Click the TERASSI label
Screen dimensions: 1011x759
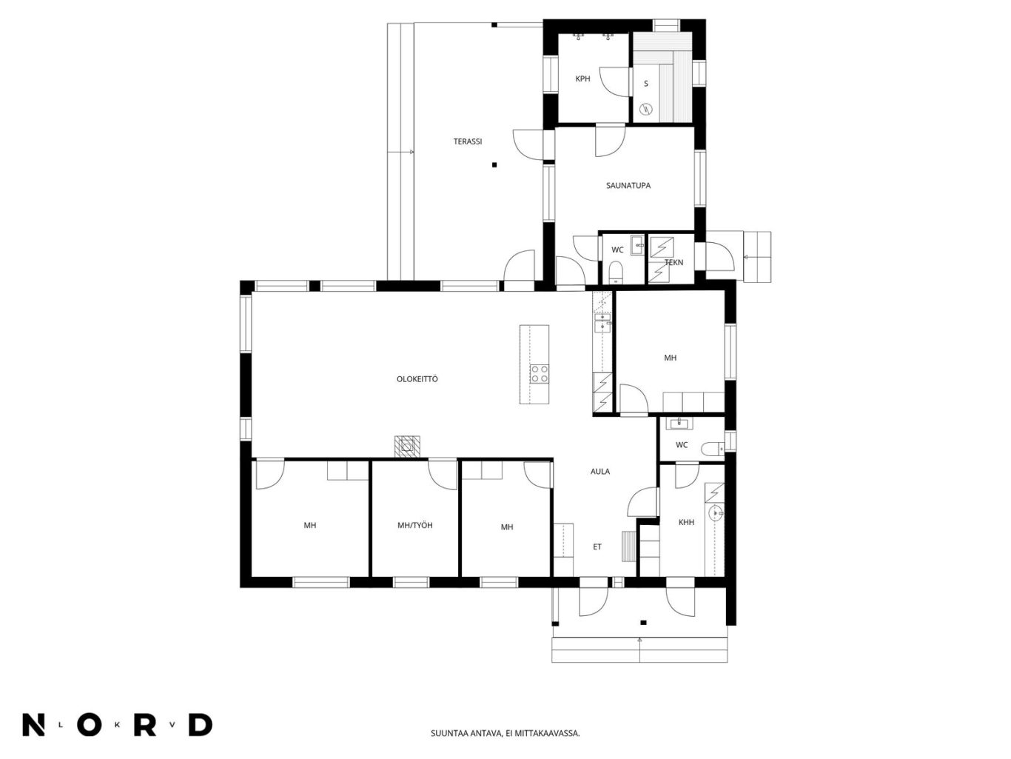(x=468, y=141)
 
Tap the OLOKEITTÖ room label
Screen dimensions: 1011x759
(x=417, y=379)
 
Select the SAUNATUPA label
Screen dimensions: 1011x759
(x=628, y=185)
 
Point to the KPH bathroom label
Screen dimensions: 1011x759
(x=582, y=78)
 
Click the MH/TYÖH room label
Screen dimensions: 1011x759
(x=415, y=525)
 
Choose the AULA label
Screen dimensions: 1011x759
(x=600, y=471)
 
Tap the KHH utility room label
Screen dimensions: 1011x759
(x=686, y=522)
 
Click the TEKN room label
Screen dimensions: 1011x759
(x=674, y=262)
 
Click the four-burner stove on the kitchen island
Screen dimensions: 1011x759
(x=539, y=373)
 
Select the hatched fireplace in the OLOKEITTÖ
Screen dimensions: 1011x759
(x=407, y=446)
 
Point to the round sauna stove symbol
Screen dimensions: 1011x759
(x=647, y=109)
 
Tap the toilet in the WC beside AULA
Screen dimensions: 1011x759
(x=713, y=449)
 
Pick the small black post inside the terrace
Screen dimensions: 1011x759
(x=494, y=164)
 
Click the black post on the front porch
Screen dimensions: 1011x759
(x=643, y=623)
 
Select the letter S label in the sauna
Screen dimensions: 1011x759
(x=645, y=84)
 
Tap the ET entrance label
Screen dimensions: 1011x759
(x=597, y=547)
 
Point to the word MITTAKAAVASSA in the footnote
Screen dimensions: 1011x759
(x=545, y=733)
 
